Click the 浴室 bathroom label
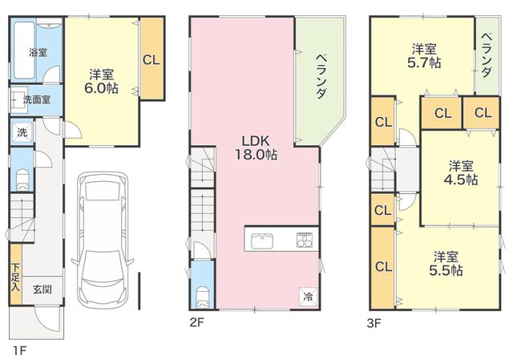pyautogui.click(x=38, y=52)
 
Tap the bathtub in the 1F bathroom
pyautogui.click(x=24, y=50)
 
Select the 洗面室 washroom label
pyautogui.click(x=37, y=99)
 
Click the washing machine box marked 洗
pyautogui.click(x=22, y=132)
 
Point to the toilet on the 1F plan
pyautogui.click(x=22, y=180)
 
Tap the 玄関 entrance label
pyautogui.click(x=42, y=289)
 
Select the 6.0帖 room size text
pyautogui.click(x=102, y=88)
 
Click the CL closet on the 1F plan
pyautogui.click(x=151, y=58)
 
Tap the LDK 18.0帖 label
pyautogui.click(x=256, y=148)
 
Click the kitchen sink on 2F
pyautogui.click(x=262, y=241)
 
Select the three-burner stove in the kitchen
pyautogui.click(x=305, y=241)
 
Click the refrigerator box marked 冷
pyautogui.click(x=308, y=297)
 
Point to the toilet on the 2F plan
pyautogui.click(x=203, y=297)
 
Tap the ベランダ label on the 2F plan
pyautogui.click(x=321, y=76)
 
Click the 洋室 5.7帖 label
pyautogui.click(x=424, y=56)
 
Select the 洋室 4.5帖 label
pyautogui.click(x=461, y=173)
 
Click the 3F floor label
pyautogui.click(x=374, y=324)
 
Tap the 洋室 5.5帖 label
pyautogui.click(x=446, y=264)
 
